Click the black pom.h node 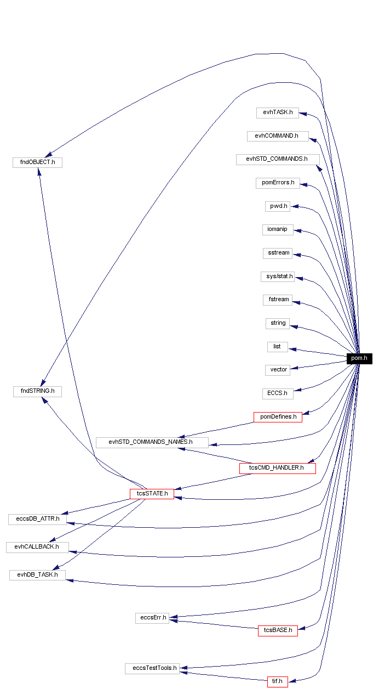coord(359,358)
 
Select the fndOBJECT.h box coord(37,162)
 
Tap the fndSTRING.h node coord(37,391)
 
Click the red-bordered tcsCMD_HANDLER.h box coord(277,468)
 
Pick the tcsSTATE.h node coord(152,493)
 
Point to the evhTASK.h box coord(277,112)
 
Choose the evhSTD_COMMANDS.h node coord(278,159)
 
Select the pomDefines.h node coord(278,417)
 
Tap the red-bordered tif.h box coord(277,682)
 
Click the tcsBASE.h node coord(278,630)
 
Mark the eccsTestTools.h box coord(152,668)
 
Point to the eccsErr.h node coord(152,618)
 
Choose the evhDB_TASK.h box coord(37,574)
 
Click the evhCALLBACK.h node coord(37,547)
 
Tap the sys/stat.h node coord(277,277)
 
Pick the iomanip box coord(278,229)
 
